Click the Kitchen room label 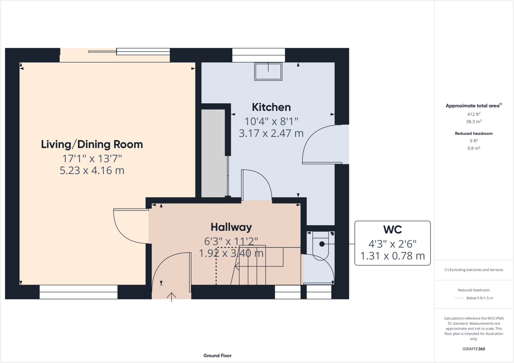click(x=271, y=107)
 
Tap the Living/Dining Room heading click(x=92, y=145)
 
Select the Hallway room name click(x=231, y=227)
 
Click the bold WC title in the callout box click(x=393, y=230)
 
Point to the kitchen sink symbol click(x=268, y=71)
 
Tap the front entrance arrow click(x=171, y=297)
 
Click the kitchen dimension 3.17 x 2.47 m click(x=271, y=133)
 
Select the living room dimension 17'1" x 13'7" click(x=92, y=159)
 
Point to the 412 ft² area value click(x=474, y=114)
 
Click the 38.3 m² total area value click(x=474, y=122)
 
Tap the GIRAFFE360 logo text click(x=474, y=349)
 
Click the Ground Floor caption click(x=217, y=355)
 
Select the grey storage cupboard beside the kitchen click(x=213, y=153)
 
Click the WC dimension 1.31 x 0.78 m click(x=393, y=256)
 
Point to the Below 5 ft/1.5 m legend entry click(x=479, y=298)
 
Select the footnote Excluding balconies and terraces click(x=474, y=270)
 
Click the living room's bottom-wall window click(x=78, y=292)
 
